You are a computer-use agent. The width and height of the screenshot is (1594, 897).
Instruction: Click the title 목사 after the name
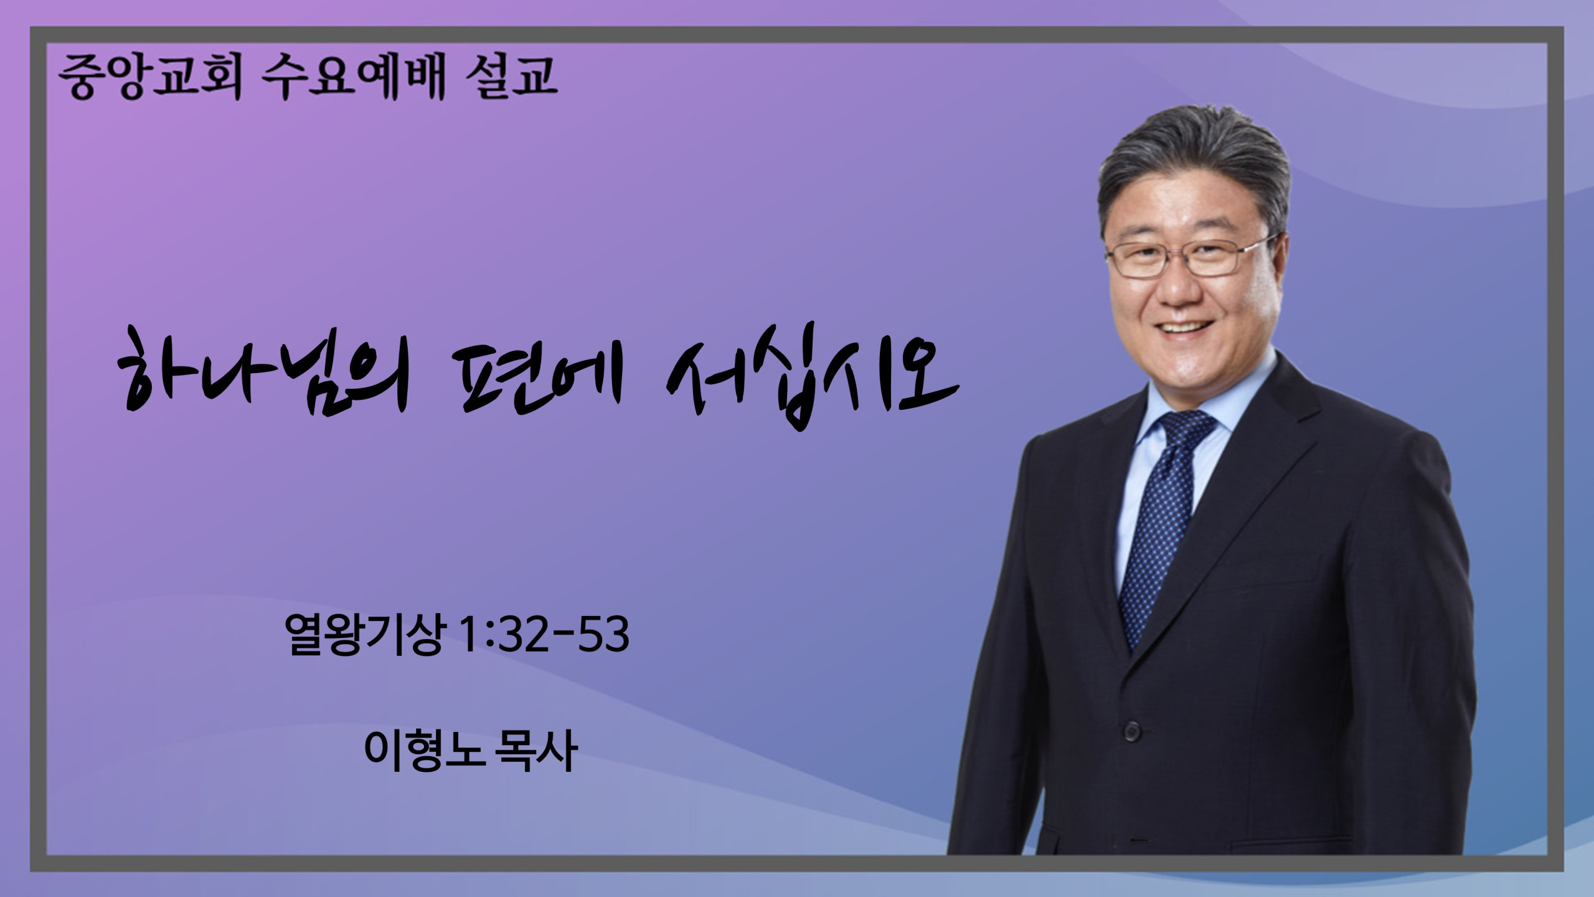coord(536,750)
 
